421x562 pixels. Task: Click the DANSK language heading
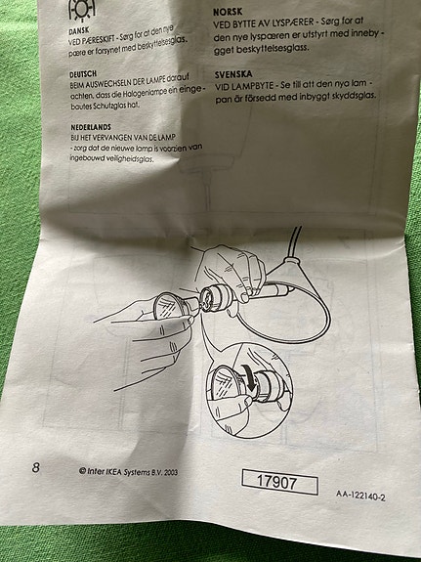(x=79, y=30)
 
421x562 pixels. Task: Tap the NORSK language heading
(x=228, y=12)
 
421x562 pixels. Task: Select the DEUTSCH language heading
(x=83, y=74)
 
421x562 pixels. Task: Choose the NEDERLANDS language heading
(x=91, y=127)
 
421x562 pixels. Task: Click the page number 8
(x=36, y=467)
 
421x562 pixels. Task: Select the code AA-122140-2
(x=360, y=496)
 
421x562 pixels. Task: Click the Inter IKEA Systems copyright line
(x=128, y=472)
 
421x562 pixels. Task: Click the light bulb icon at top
(x=82, y=10)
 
